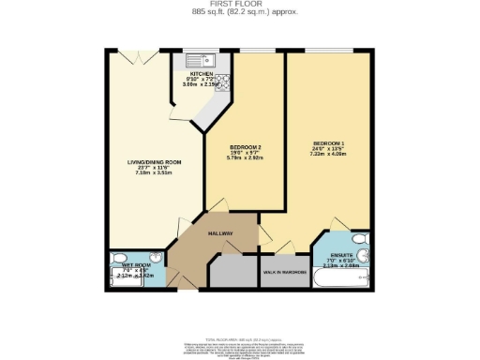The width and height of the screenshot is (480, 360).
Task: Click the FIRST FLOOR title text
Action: pyautogui.click(x=240, y=5)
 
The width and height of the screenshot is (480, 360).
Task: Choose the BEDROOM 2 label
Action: pyautogui.click(x=245, y=147)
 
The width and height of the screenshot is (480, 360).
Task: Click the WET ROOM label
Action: pyautogui.click(x=137, y=265)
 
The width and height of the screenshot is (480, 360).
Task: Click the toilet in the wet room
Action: pyautogui.click(x=117, y=260)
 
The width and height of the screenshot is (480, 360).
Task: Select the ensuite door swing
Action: pyautogui.click(x=338, y=226)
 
